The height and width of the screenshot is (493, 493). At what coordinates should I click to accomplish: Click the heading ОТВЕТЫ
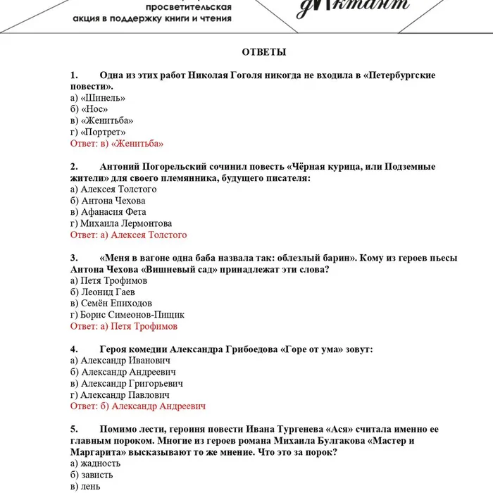(x=264, y=52)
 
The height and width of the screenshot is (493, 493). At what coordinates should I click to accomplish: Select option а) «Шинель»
(x=93, y=98)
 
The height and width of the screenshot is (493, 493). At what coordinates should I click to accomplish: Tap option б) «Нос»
(x=89, y=109)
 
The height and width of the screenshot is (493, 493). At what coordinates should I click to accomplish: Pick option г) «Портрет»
(x=99, y=132)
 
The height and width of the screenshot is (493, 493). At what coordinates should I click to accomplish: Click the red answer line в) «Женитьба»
(x=117, y=144)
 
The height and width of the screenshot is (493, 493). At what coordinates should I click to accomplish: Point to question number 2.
(x=74, y=167)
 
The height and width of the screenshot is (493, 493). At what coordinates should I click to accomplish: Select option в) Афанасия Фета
(x=108, y=212)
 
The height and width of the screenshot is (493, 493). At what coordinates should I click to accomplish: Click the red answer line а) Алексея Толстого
(x=129, y=235)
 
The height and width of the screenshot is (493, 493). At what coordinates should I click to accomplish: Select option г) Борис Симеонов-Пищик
(x=127, y=315)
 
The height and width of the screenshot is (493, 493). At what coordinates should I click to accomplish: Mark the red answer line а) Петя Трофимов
(x=124, y=326)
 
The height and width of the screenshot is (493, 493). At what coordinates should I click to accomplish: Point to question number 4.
(x=74, y=349)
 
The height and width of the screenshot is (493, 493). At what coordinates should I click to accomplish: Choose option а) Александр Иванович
(x=120, y=361)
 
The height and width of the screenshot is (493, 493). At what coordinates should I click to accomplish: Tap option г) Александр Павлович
(x=120, y=395)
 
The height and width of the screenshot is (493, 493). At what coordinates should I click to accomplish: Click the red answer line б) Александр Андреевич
(x=138, y=406)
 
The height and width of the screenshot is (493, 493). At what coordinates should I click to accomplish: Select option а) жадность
(x=96, y=463)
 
